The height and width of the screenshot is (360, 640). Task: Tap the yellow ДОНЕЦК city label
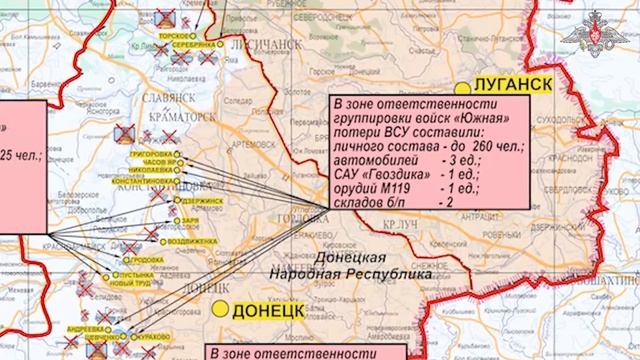pyautogui.click(x=266, y=311)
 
